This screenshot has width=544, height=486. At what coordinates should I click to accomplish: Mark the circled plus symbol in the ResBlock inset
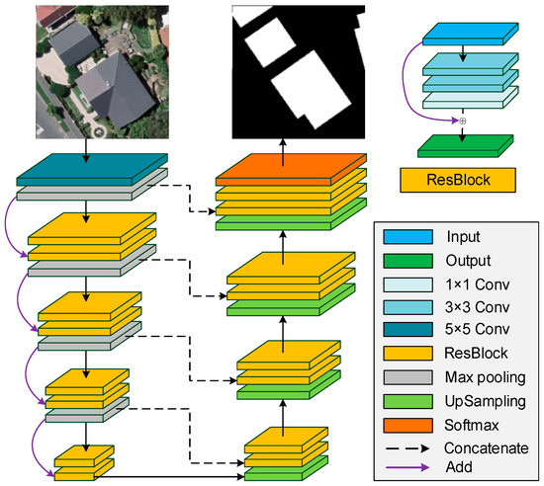[462, 121]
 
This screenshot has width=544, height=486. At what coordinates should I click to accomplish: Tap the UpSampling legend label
[487, 401]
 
